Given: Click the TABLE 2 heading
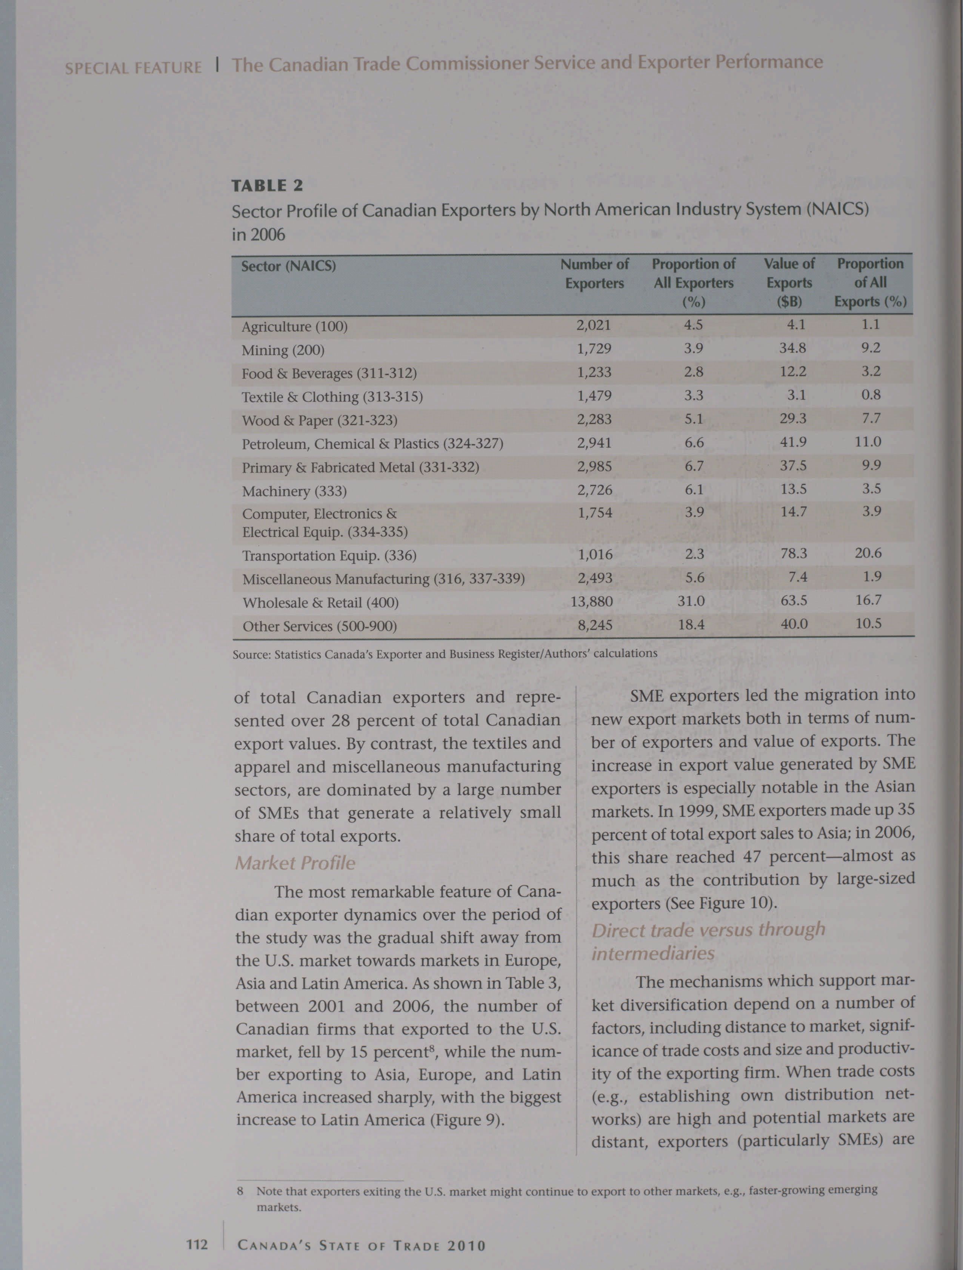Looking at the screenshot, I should click(x=267, y=185).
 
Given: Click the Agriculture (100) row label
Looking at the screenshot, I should click(x=294, y=327).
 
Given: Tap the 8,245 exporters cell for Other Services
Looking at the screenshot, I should click(x=595, y=625).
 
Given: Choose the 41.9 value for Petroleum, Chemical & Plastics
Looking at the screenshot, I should click(x=793, y=443).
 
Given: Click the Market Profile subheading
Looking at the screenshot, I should click(x=295, y=863).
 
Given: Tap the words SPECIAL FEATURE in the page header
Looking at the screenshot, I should click(x=133, y=68).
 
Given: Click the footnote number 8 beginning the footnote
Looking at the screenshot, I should click(x=240, y=1191).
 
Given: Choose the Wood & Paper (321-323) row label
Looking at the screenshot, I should click(x=319, y=421).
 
